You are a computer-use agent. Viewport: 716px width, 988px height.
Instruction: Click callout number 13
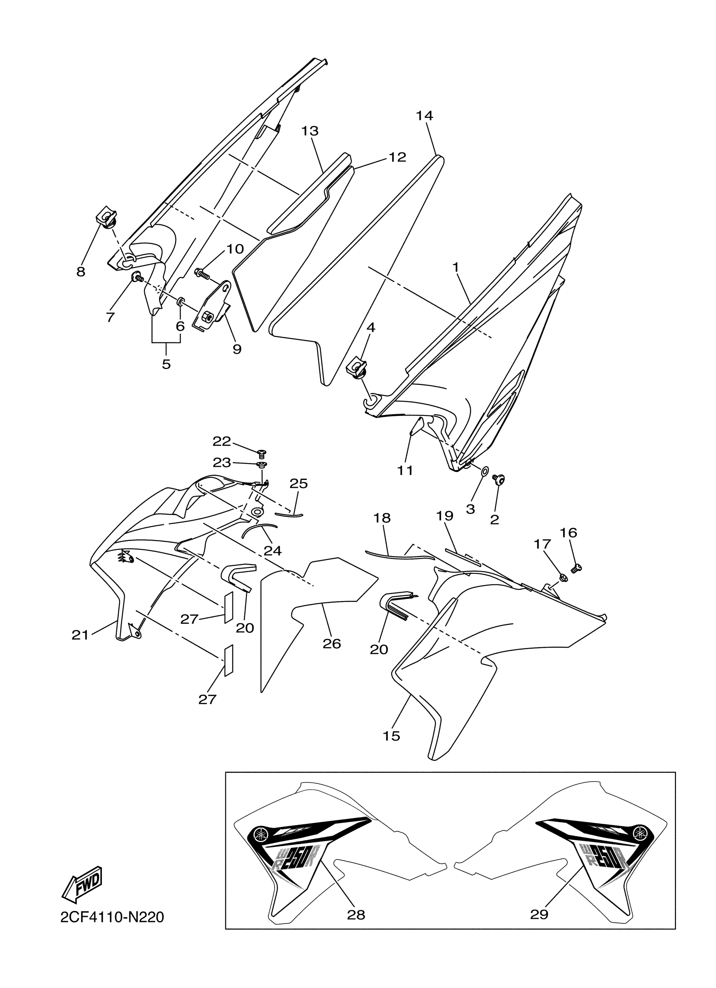coord(310,130)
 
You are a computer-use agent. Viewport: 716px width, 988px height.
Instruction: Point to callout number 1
coord(456,267)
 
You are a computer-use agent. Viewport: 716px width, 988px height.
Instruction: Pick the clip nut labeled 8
coord(105,217)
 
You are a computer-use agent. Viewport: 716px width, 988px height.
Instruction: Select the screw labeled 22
coord(262,453)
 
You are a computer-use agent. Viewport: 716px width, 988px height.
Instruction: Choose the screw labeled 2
coord(498,479)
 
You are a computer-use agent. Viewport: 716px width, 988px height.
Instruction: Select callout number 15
coord(391,736)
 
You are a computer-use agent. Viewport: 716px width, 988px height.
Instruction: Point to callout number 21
coord(80,636)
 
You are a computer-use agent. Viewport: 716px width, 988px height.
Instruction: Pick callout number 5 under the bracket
coord(166,364)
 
